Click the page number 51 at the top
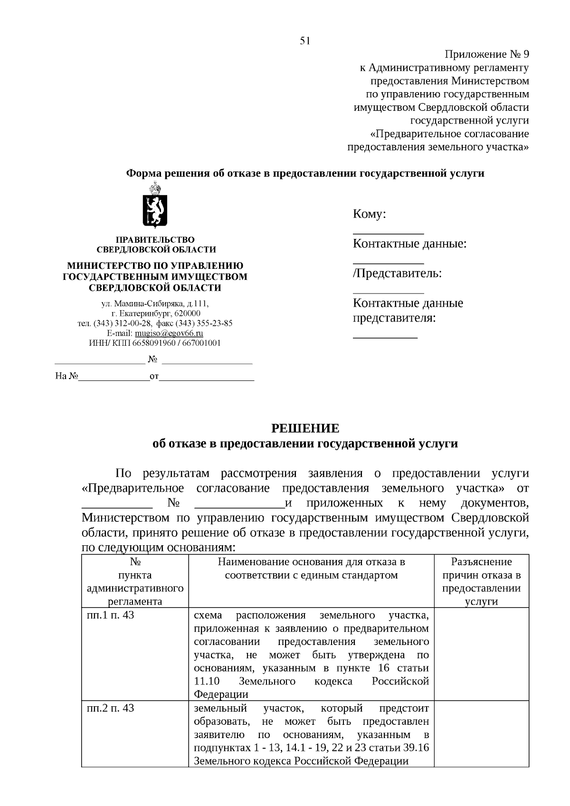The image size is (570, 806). pos(305,41)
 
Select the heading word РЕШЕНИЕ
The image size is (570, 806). pos(305,428)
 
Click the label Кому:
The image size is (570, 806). pos(369,214)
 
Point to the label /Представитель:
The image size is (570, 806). pos(397,274)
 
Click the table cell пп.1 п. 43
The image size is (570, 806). pos(111,616)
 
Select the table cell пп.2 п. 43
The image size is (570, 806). pos(111,709)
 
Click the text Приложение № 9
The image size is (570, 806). pos(486,55)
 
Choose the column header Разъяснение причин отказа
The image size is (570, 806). pos(481,581)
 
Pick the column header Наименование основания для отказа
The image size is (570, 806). pos(311,569)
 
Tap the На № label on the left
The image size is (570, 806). pos(66,377)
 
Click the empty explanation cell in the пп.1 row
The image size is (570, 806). pos(481,654)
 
